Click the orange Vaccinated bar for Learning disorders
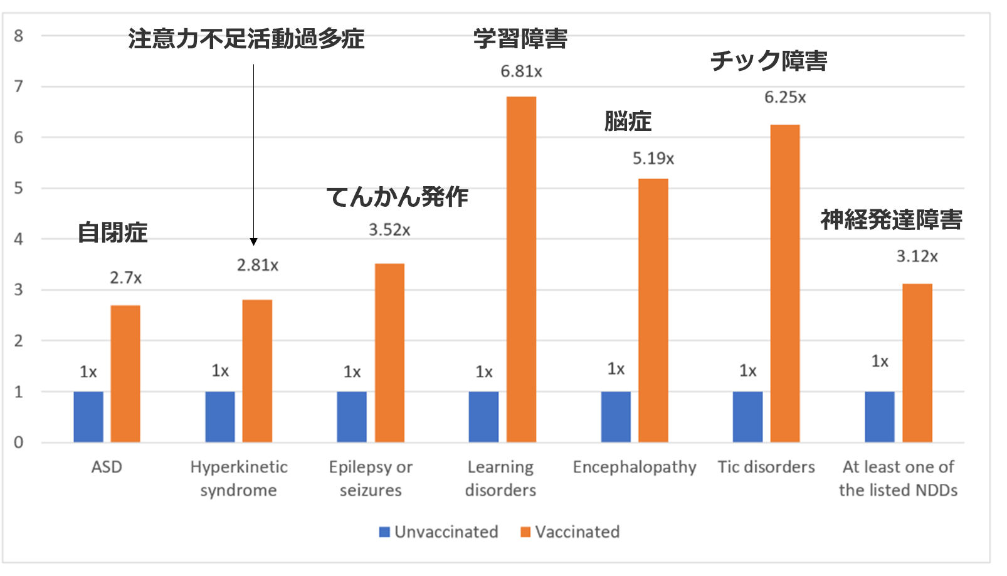tap(521, 270)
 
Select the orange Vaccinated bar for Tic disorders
tap(784, 283)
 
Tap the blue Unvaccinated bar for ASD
tap(88, 417)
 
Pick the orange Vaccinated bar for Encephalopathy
tap(653, 310)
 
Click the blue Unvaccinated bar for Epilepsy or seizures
tap(352, 417)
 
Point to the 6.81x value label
tap(521, 71)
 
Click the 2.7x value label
tap(125, 278)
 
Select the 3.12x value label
tap(917, 256)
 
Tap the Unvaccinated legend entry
tap(439, 532)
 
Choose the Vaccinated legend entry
tap(570, 532)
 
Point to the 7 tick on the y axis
tap(19, 86)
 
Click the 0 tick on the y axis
tap(19, 442)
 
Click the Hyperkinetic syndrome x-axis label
tap(239, 478)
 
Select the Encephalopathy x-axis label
tap(635, 467)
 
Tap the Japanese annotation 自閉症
tap(112, 233)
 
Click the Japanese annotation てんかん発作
tap(398, 197)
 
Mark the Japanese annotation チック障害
tap(769, 61)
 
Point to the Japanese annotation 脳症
tap(628, 121)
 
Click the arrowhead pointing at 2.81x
tap(253, 241)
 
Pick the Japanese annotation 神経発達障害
tap(891, 219)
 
